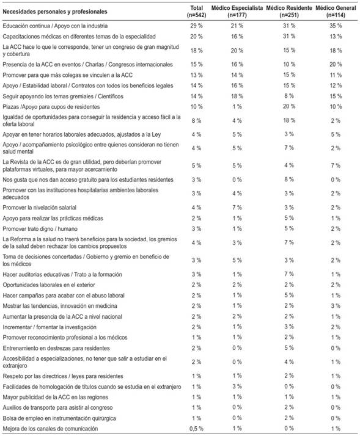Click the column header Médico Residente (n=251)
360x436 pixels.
[288, 11]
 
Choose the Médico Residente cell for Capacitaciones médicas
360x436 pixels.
[288, 37]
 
